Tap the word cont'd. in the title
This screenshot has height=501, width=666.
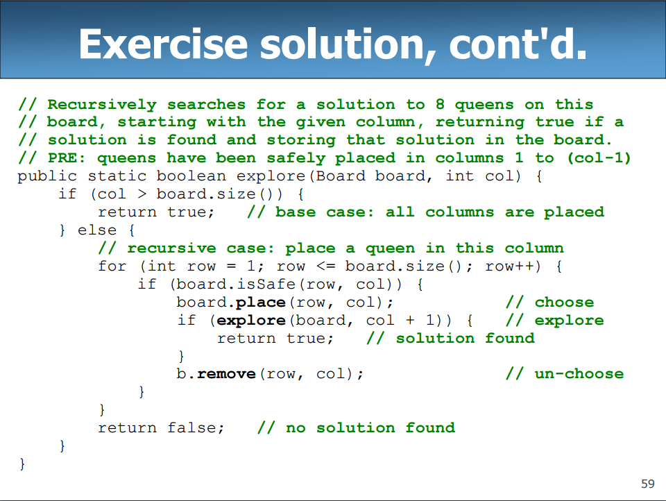[518, 43]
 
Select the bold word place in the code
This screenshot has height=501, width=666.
[261, 303]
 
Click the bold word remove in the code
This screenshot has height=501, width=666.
[226, 374]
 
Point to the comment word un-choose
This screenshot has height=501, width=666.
[579, 374]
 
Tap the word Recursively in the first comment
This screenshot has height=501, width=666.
[102, 105]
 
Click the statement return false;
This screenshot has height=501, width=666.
[162, 428]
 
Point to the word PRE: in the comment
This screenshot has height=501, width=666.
[67, 158]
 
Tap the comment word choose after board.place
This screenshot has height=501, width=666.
[564, 303]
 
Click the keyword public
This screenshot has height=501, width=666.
[47, 176]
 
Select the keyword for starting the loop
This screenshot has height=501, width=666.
[112, 266]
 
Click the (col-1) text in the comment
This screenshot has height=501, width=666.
[599, 158]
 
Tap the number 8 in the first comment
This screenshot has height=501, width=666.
[440, 105]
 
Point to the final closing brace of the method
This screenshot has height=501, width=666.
[23, 463]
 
